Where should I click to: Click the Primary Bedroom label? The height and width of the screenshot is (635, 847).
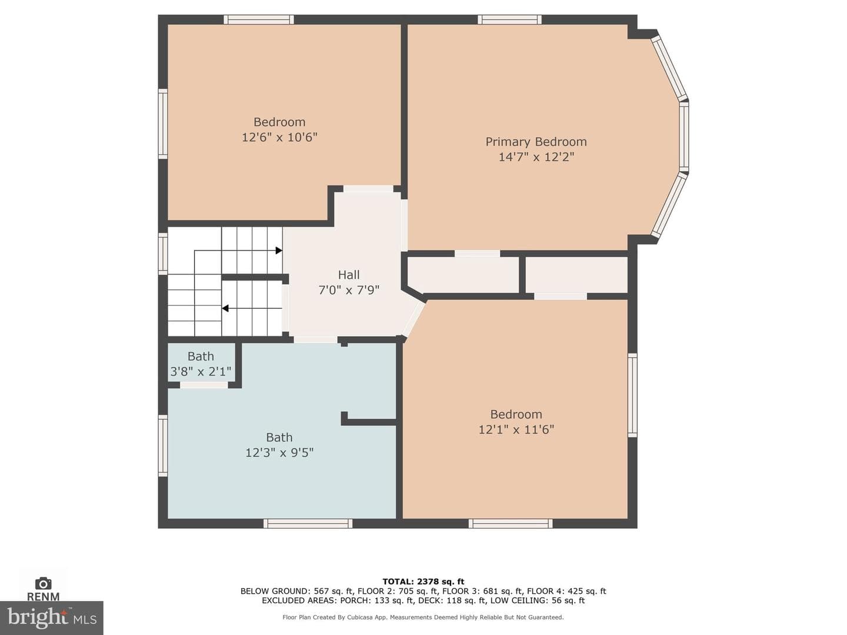click(536, 142)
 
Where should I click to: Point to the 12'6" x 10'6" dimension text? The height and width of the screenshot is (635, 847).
click(279, 137)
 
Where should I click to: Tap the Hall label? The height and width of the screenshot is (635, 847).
click(349, 275)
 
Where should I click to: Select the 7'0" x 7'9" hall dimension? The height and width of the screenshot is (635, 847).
click(349, 290)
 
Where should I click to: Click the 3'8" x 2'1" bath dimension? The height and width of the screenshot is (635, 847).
click(201, 372)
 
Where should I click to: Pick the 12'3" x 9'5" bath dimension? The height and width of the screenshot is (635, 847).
click(279, 453)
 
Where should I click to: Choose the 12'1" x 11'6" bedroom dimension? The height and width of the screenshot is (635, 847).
click(516, 429)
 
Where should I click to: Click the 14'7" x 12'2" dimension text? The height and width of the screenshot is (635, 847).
click(536, 158)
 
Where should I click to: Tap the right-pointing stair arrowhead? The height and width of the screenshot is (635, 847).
click(279, 250)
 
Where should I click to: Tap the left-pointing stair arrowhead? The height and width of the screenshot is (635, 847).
click(225, 309)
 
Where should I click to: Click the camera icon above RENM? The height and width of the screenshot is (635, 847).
click(43, 583)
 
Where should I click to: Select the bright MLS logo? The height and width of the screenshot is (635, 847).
click(52, 618)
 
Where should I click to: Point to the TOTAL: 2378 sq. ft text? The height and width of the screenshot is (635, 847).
click(423, 581)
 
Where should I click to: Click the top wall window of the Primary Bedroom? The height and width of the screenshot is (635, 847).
click(509, 19)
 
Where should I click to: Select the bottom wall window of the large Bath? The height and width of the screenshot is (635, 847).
click(308, 523)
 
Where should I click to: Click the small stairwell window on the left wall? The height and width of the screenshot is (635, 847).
click(163, 253)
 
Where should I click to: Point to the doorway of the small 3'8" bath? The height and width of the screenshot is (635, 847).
click(204, 385)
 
